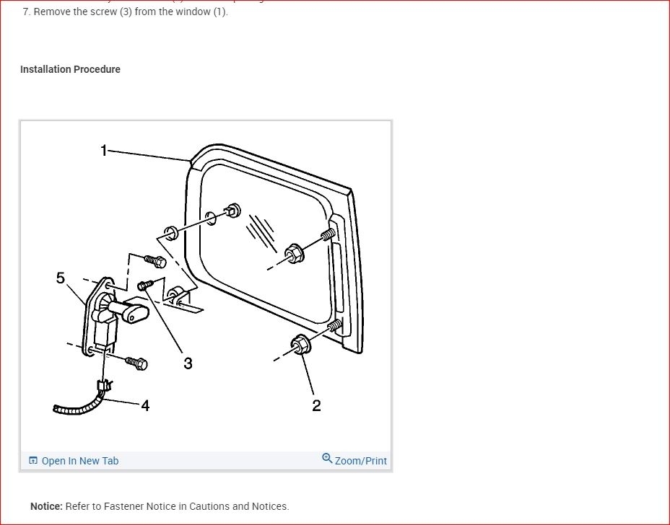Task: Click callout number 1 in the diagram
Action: (103, 150)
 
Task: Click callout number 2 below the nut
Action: (316, 406)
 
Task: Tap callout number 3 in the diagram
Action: (188, 363)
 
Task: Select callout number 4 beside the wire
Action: (145, 406)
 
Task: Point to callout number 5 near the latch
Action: (61, 278)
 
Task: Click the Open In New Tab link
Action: (79, 461)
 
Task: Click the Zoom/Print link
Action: (360, 461)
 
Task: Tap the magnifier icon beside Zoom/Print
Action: (327, 459)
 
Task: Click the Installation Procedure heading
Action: (70, 69)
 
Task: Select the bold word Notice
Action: (46, 506)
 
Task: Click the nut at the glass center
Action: (293, 252)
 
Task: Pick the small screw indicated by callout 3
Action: (145, 285)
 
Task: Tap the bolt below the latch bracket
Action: (136, 363)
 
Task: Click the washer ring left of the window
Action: (171, 233)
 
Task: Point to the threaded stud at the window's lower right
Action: (334, 327)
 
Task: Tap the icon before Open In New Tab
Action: (33, 461)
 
